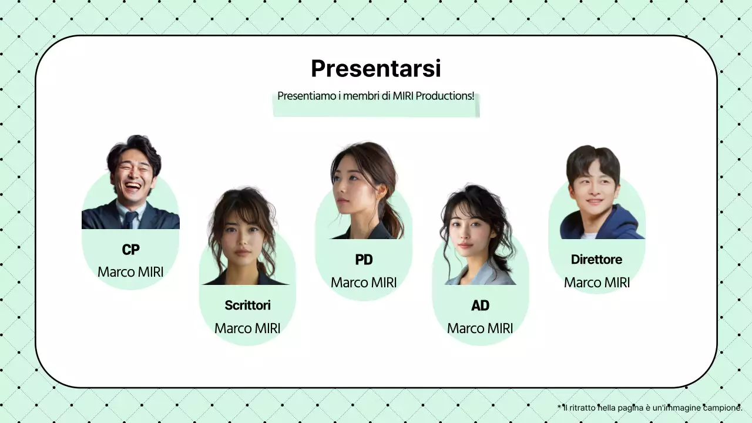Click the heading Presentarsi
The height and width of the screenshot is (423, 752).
pos(375,69)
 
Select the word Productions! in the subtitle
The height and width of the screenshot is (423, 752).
pos(445,96)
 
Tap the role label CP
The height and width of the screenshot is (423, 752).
pos(130,250)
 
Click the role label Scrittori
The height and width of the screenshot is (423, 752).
pos(247,305)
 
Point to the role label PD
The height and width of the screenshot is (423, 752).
pos(364,260)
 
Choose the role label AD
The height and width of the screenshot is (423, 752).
pos(480,305)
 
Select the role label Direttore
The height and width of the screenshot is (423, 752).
pos(596,260)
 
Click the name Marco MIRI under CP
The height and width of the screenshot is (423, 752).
pos(130,272)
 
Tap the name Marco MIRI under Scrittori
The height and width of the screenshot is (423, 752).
pos(247,328)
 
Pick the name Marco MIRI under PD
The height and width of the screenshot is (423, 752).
pos(364,283)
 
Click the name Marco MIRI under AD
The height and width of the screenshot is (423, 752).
pos(480,328)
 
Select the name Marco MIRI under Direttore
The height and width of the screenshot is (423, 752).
pos(596,283)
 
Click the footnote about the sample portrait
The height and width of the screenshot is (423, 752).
pos(650,408)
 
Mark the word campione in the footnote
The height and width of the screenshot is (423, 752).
pos(724,408)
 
